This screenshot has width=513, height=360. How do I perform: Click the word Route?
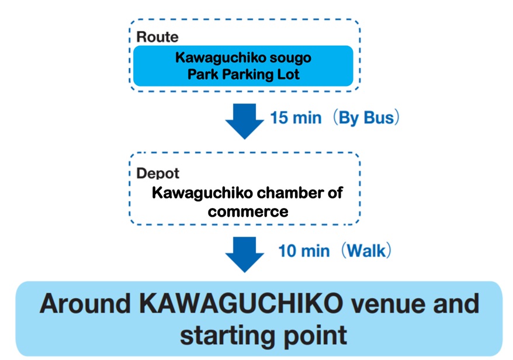(x=157, y=37)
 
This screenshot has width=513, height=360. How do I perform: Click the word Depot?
(x=158, y=174)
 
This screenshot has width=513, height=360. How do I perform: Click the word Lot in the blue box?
(x=287, y=74)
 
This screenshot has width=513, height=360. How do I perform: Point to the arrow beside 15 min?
(x=244, y=120)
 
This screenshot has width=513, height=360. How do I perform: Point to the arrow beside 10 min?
(x=244, y=252)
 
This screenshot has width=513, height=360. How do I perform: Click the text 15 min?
(x=296, y=117)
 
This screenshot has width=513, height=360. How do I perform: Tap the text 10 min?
(x=303, y=251)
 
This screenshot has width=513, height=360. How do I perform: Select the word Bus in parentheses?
(x=378, y=117)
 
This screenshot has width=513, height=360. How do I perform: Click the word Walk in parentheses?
(x=366, y=251)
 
